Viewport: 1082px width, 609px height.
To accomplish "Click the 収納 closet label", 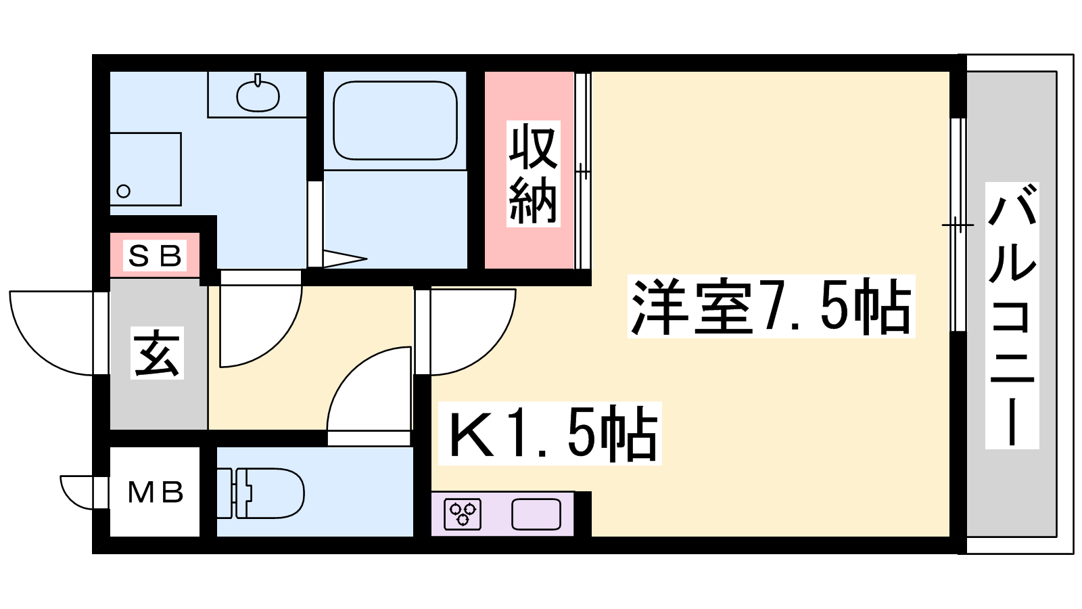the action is point(534,174).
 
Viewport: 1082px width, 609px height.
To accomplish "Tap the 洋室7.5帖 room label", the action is point(771,306).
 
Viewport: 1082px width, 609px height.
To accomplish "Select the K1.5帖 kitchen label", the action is point(550,434).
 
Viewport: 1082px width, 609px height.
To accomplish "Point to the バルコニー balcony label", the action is point(1012,315).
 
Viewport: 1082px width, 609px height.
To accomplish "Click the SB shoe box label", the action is point(155,256).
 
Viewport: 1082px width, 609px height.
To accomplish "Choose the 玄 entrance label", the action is point(157,353).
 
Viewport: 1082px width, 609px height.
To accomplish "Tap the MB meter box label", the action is point(156,493).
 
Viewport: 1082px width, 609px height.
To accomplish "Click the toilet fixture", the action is point(261,493).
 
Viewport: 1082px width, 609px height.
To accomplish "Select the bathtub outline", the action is point(395,120).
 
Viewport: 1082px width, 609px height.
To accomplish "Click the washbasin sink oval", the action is point(258,96).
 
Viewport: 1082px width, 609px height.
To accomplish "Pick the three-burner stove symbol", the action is point(463,514).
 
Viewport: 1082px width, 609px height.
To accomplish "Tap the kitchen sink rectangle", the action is point(536,514).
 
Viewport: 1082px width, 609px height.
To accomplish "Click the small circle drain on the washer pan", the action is point(124,191).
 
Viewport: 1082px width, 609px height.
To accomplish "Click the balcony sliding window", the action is point(958,225).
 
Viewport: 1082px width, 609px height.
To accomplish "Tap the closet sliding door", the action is point(582,170).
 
